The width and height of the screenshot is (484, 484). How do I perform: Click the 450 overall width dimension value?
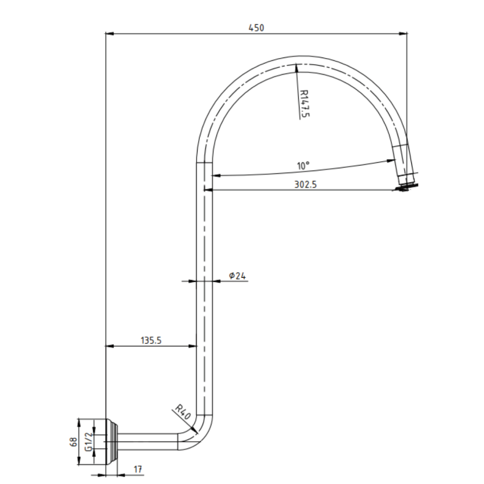click(x=257, y=27)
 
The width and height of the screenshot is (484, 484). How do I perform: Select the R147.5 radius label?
click(x=303, y=102)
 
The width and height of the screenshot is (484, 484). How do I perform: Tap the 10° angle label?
click(x=303, y=166)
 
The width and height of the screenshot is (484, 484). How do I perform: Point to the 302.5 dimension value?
click(x=306, y=184)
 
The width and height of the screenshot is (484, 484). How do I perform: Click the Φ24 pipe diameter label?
click(x=237, y=276)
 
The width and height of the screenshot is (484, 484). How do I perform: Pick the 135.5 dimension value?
click(x=151, y=341)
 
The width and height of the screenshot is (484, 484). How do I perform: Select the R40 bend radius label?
click(x=182, y=411)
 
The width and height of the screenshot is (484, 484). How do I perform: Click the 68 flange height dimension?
click(x=73, y=442)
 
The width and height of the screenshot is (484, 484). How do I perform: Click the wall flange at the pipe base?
click(x=112, y=442)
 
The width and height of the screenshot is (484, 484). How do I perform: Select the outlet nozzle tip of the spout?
click(x=406, y=185)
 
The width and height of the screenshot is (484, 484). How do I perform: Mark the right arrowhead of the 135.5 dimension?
click(x=193, y=346)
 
